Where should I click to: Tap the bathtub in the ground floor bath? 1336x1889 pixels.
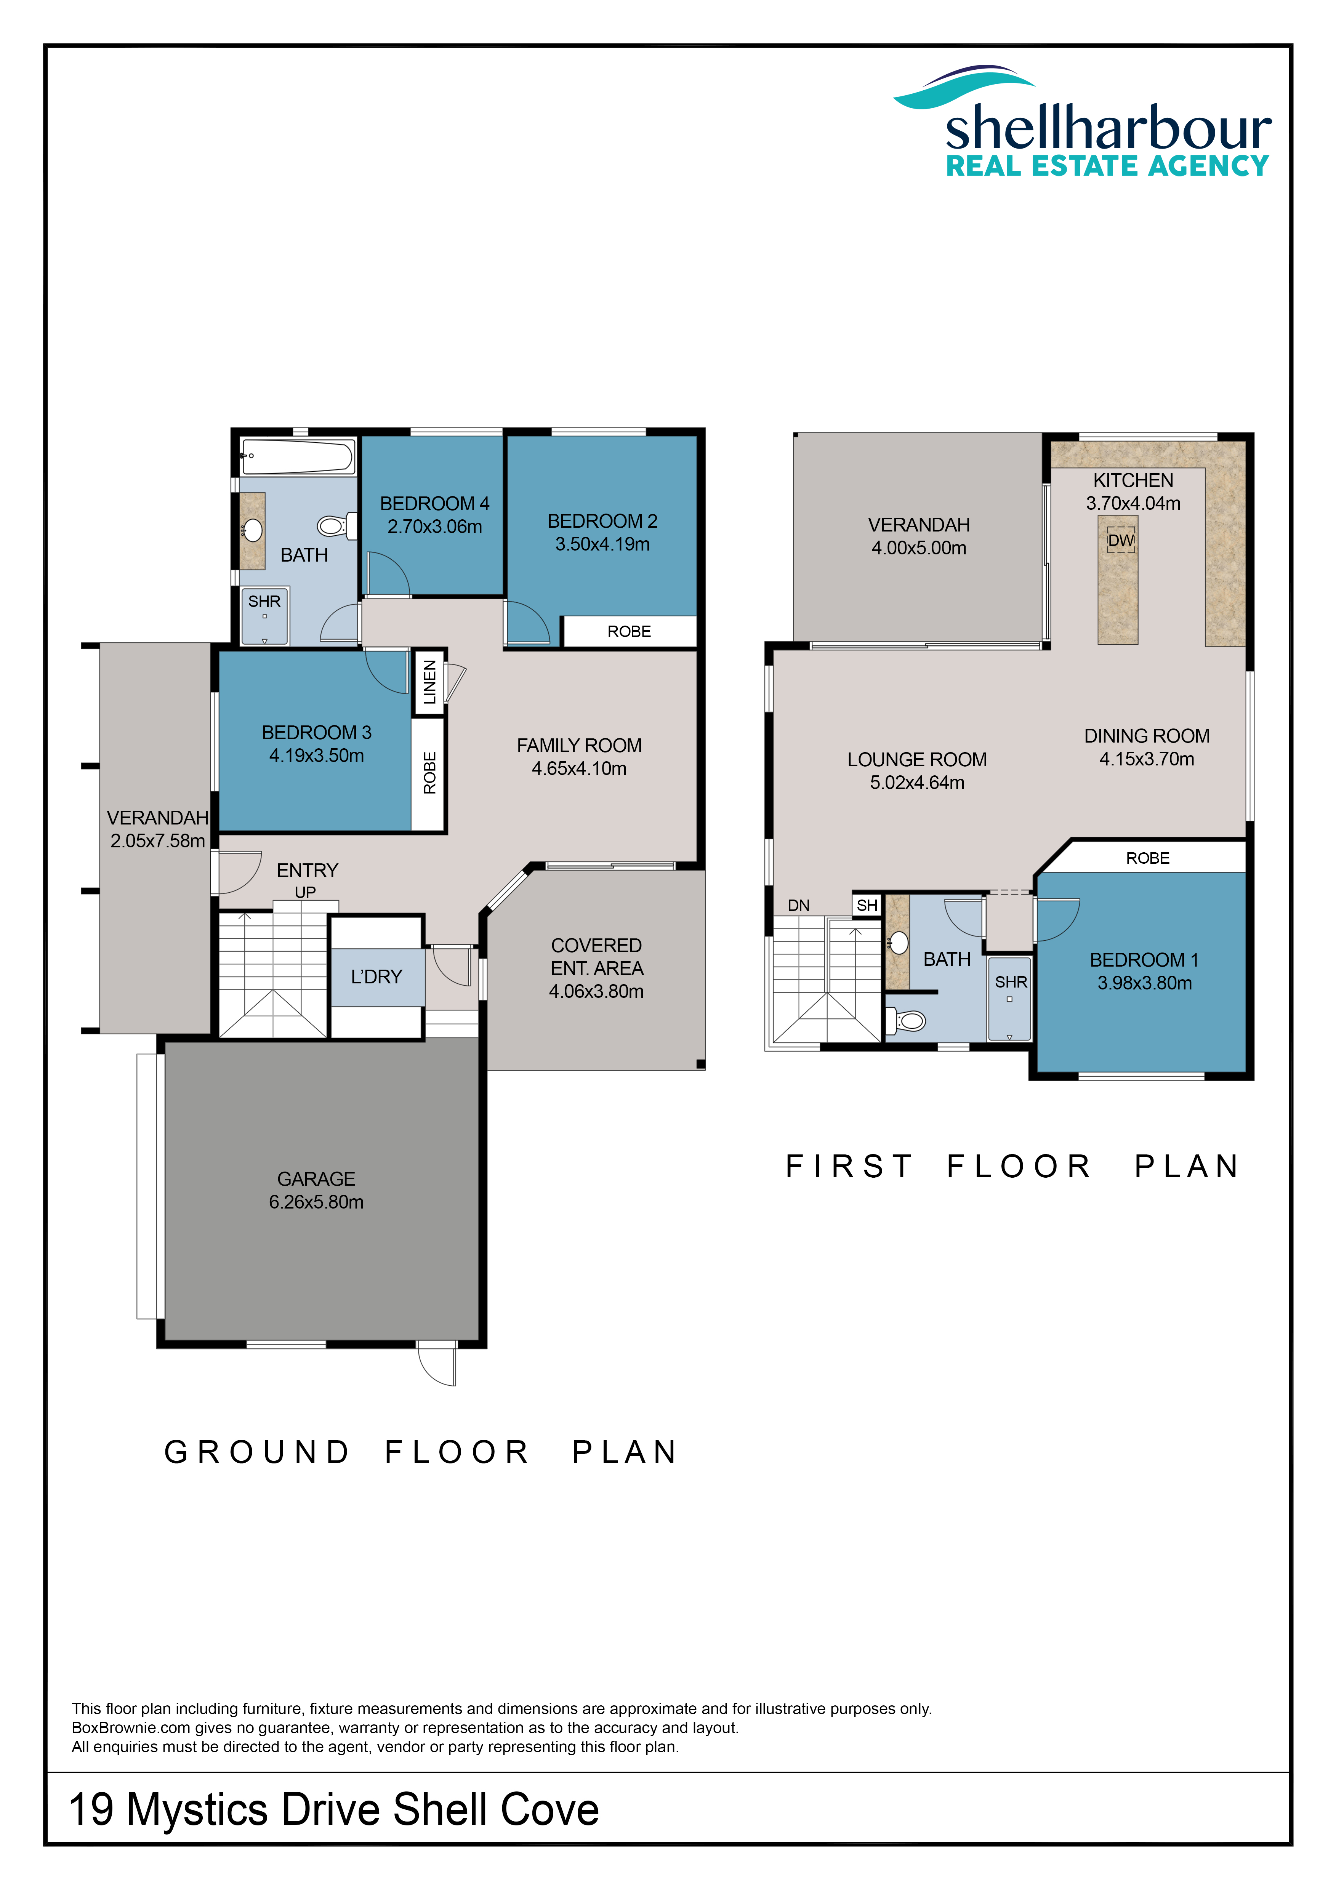pyautogui.click(x=298, y=456)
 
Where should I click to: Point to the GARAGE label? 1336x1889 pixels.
pyautogui.click(x=316, y=1179)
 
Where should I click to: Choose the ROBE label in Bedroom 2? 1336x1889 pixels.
pyautogui.click(x=630, y=632)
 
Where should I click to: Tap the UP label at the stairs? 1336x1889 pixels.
pyautogui.click(x=305, y=893)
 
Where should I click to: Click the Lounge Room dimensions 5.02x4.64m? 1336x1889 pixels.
pyautogui.click(x=917, y=783)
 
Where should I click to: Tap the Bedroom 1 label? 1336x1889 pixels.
pyautogui.click(x=1144, y=960)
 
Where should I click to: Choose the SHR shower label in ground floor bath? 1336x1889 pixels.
pyautogui.click(x=264, y=602)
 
